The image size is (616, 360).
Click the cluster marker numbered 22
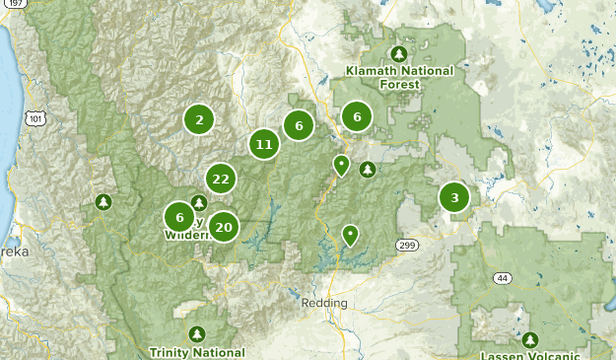[x=220, y=179]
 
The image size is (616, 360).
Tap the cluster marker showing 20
[x=224, y=227]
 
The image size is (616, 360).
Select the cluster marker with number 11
[x=263, y=145]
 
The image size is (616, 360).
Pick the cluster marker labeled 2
[x=199, y=120]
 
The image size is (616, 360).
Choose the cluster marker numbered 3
[x=454, y=197]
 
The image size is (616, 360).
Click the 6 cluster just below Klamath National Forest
[x=357, y=117]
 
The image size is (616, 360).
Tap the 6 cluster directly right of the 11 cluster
[x=298, y=125]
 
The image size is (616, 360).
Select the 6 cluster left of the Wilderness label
[x=179, y=218]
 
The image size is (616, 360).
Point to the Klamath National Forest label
[x=399, y=77]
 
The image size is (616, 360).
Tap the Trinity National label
[x=197, y=352]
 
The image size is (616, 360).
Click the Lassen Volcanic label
[x=530, y=355]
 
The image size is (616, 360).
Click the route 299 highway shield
[x=408, y=244]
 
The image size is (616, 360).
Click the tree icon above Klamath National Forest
[x=399, y=53]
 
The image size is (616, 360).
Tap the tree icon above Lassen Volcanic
[x=531, y=339]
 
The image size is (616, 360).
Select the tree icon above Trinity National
[x=197, y=334]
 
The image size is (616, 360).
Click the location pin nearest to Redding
[x=350, y=235]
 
